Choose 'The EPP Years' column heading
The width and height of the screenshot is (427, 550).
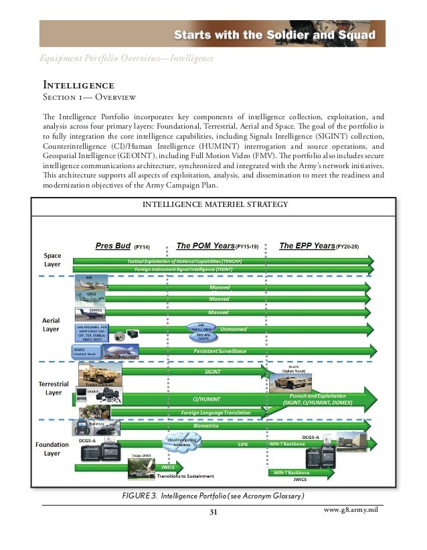coord(307,245)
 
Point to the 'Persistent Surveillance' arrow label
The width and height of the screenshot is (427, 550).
coord(220,351)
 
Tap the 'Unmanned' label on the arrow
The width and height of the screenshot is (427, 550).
coord(234,330)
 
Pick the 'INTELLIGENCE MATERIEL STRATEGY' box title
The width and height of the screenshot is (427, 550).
coord(213,204)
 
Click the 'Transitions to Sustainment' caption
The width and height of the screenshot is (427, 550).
coord(186,476)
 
